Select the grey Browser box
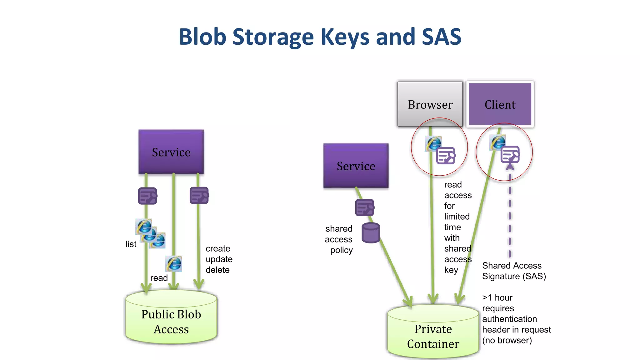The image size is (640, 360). click(x=430, y=104)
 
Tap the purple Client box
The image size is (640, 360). click(x=500, y=104)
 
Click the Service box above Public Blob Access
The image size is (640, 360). click(x=171, y=152)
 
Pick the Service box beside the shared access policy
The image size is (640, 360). click(x=356, y=166)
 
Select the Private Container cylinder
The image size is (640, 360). click(x=433, y=336)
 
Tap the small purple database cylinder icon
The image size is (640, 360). click(x=371, y=233)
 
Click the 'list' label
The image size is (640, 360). click(x=131, y=244)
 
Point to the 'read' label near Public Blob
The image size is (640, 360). click(x=159, y=278)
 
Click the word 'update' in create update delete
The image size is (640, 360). click(x=219, y=259)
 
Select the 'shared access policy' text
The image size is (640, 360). click(x=339, y=239)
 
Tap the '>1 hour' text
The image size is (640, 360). click(x=497, y=297)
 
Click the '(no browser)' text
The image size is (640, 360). click(x=507, y=340)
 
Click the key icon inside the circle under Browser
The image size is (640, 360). click(x=446, y=156)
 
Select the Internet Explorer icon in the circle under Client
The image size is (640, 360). click(x=498, y=142)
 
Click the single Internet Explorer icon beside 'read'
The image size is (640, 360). click(x=174, y=263)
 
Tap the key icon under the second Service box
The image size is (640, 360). click(x=364, y=207)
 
